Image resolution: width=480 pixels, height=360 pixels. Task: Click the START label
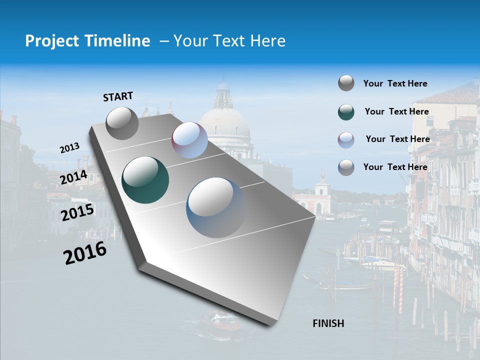(x=118, y=96)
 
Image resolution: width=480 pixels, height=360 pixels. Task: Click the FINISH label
(x=328, y=323)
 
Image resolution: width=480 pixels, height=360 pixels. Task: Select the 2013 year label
(x=69, y=148)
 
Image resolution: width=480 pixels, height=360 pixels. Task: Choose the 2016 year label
(x=85, y=253)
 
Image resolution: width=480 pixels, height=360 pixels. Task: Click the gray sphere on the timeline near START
(x=122, y=123)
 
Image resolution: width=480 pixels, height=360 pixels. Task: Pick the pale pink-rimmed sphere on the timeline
(x=189, y=140)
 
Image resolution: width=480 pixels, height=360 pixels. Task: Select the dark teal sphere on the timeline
(x=145, y=180)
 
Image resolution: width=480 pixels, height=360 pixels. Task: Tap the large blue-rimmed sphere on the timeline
(x=216, y=207)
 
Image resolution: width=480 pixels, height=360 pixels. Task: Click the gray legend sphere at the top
(x=346, y=83)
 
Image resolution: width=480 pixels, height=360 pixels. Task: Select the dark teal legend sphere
(x=346, y=112)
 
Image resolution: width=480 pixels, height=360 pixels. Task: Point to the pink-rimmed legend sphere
(x=346, y=140)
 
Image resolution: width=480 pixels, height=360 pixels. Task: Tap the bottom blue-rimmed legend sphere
(x=346, y=167)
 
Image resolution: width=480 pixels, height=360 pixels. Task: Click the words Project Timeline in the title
(x=87, y=41)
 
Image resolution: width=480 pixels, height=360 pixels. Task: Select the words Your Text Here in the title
(x=229, y=41)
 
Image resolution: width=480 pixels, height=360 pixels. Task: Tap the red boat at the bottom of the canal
(x=220, y=322)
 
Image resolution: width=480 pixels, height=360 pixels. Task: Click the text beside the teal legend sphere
(x=396, y=111)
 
